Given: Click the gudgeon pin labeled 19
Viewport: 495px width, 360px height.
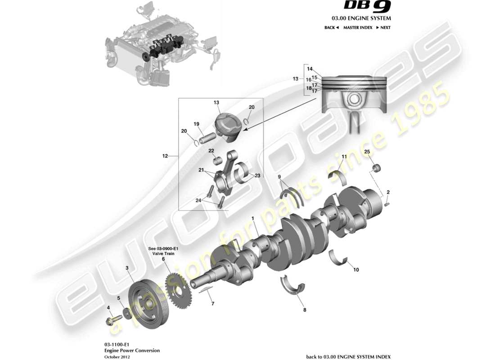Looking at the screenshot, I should point(206,137).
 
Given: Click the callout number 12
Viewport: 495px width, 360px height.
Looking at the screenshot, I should point(165,156).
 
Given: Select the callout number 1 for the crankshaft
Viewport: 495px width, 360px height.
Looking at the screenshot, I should point(253,218).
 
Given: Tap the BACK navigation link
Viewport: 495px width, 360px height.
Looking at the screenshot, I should point(331,27).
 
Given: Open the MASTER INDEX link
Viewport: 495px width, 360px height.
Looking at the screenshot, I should point(357,27).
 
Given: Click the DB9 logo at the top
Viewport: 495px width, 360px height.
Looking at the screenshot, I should point(367,6).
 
